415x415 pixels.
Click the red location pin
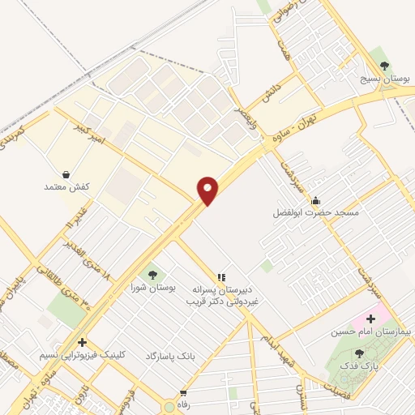tap(208, 190)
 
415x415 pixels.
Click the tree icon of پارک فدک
tap(359, 353)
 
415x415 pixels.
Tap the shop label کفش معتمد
tap(66, 187)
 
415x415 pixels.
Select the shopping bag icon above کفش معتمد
tap(66, 173)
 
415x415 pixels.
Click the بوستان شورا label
tap(152, 288)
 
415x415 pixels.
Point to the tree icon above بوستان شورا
tap(152, 273)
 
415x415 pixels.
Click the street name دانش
tap(270, 95)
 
